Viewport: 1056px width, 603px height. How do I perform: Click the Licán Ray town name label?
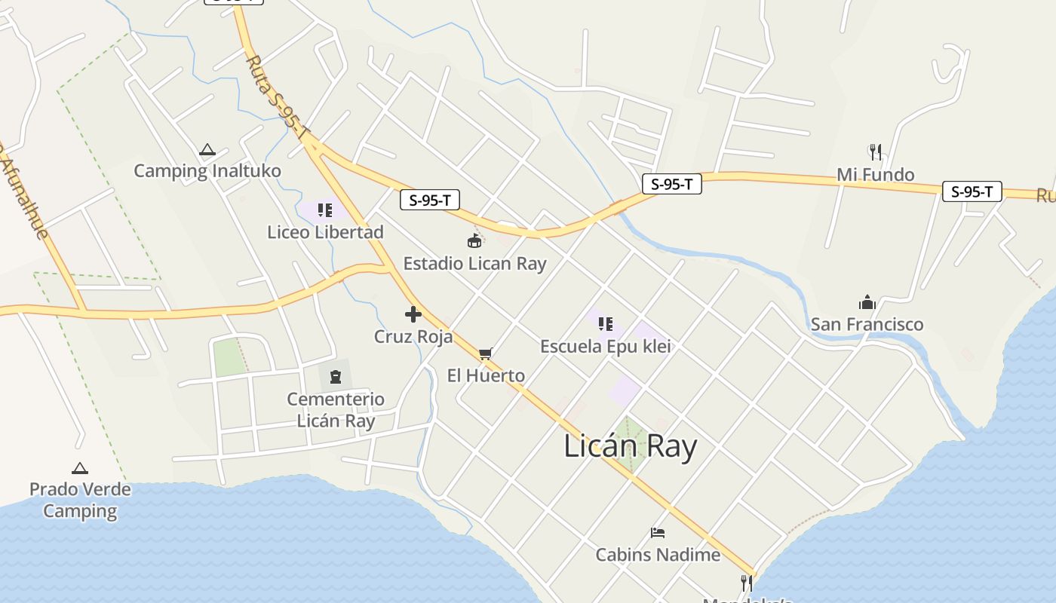pos(630,446)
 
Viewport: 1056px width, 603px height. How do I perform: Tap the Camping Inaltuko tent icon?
pos(207,150)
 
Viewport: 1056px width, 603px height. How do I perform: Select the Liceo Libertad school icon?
pos(325,210)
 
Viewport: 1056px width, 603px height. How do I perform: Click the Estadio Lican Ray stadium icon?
pos(474,241)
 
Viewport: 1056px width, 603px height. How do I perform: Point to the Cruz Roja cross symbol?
pos(413,314)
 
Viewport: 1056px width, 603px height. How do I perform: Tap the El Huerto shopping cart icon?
pos(486,354)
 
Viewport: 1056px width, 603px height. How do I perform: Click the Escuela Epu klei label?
pos(605,346)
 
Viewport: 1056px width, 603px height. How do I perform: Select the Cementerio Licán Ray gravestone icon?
pos(336,376)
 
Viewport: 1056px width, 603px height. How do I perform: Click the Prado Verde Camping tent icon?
pos(80,468)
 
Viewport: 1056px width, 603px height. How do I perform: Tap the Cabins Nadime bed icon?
pos(658,533)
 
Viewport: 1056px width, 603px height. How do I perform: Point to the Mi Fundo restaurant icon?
pos(875,152)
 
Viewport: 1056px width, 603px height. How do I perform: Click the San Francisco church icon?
pos(867,303)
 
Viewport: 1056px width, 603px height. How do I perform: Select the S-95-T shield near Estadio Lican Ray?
pos(430,200)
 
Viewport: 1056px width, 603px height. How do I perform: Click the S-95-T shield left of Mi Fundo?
pos(671,184)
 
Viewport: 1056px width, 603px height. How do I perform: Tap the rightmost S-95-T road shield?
pos(972,191)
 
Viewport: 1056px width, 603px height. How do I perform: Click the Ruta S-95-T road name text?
pos(278,97)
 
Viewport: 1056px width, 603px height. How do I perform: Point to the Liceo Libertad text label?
pos(325,232)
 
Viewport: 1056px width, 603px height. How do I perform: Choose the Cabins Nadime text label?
pos(658,555)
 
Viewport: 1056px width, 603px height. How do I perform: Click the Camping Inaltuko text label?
pos(207,171)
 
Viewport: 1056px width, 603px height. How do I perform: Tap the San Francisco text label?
pos(867,324)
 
